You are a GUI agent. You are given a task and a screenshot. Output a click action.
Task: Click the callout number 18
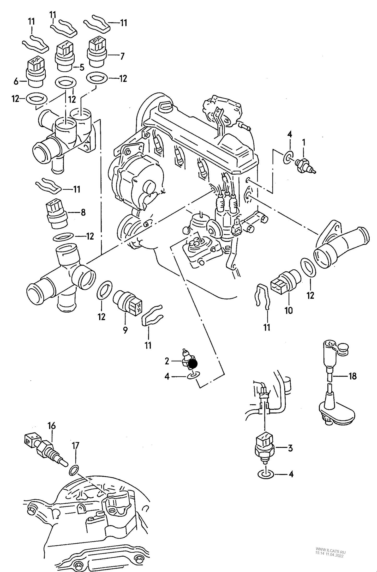coord(352,376)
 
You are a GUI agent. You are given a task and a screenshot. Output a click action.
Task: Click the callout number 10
coord(289,310)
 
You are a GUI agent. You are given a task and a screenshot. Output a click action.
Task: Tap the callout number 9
coord(125,330)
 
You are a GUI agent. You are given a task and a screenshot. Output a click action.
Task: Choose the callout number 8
coord(83,212)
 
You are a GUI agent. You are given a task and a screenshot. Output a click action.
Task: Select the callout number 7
coord(122,56)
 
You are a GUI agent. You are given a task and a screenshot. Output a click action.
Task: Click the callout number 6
coord(16,82)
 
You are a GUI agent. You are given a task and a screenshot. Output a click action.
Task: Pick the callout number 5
coord(81,68)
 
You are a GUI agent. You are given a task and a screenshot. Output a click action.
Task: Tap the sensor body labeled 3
coord(265,448)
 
